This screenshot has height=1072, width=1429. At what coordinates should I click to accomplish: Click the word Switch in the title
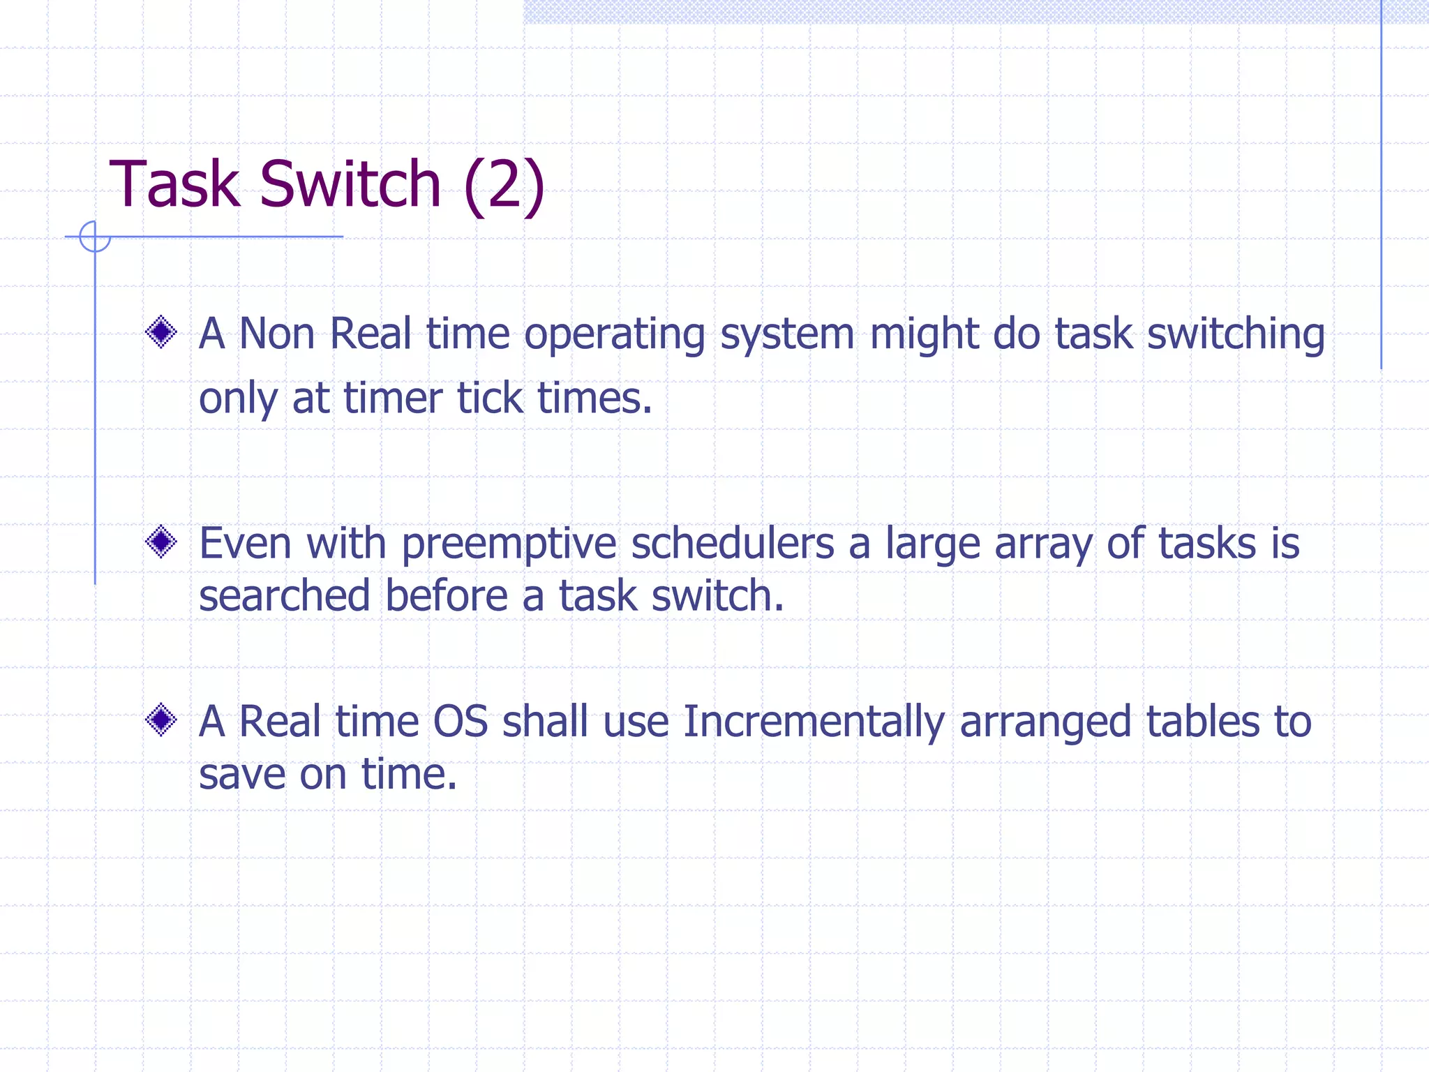350,184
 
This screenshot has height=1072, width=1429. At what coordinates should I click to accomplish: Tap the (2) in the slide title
504,184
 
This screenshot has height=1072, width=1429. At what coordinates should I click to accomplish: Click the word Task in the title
174,184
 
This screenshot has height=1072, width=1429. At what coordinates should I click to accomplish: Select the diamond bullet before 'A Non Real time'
161,332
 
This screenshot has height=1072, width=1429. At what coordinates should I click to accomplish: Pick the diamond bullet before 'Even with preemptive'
161,542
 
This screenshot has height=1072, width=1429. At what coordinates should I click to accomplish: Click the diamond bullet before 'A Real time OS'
161,720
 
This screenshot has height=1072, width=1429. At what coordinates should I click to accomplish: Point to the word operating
614,335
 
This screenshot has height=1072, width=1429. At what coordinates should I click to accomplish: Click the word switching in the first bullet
1236,335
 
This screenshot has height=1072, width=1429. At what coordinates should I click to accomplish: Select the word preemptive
509,545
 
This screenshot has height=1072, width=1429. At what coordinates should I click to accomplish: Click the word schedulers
732,544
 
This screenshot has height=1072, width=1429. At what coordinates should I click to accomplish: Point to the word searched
284,597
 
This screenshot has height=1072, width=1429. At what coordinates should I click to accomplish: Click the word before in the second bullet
447,597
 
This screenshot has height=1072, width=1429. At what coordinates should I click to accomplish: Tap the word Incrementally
814,723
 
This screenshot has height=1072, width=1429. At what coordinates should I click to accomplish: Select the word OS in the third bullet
460,722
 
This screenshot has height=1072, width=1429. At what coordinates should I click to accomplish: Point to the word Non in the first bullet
276,334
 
